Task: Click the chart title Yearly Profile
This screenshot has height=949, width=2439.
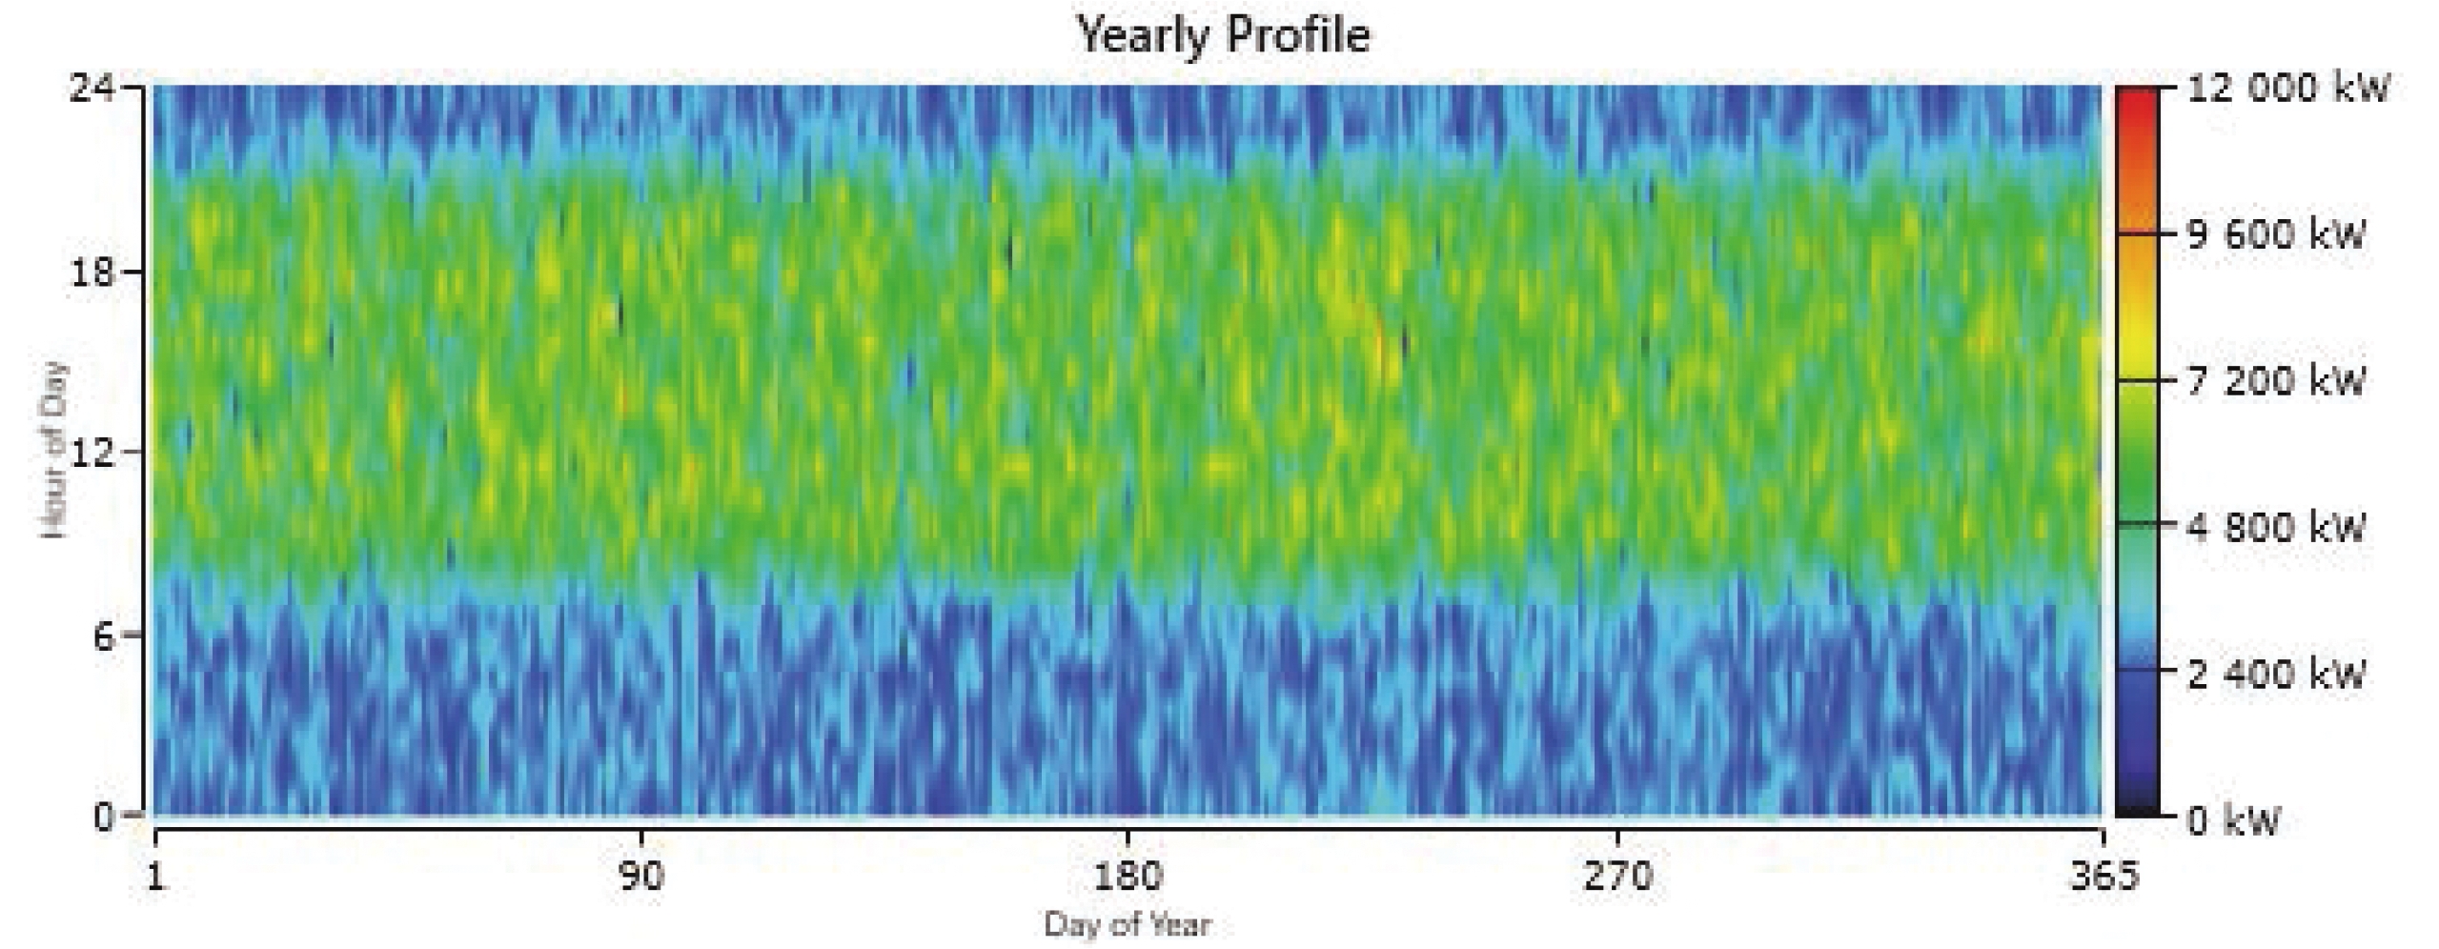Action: point(1223,35)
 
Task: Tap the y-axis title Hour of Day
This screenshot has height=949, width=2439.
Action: point(55,450)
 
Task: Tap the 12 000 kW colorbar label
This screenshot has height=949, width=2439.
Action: point(2287,89)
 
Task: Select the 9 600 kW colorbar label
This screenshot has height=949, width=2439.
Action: point(2276,235)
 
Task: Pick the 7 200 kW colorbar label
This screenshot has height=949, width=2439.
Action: point(2276,381)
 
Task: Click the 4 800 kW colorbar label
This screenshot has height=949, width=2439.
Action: point(2276,527)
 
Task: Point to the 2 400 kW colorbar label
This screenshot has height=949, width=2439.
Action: point(2276,674)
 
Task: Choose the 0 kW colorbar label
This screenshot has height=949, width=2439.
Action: point(2232,819)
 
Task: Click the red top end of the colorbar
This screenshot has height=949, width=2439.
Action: point(2138,95)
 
